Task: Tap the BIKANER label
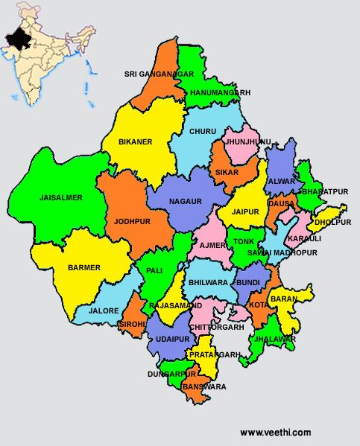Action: (135, 141)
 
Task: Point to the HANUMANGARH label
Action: (220, 92)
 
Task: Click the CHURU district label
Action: (203, 131)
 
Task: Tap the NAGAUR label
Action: (186, 201)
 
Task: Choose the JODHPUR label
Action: (133, 221)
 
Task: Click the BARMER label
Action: (83, 267)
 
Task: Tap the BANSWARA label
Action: (203, 387)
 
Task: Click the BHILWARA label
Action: (208, 284)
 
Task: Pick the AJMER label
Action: (212, 245)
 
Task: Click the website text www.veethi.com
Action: (275, 433)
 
